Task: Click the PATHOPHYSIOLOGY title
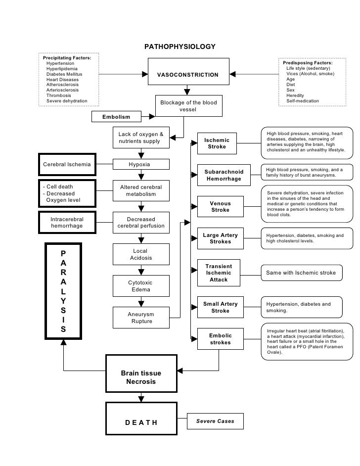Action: pos(180,47)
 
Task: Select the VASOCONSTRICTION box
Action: pos(188,72)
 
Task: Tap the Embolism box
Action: pos(116,117)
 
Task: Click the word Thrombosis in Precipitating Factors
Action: pos(58,95)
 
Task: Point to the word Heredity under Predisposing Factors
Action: pos(295,95)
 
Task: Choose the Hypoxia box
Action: pos(141,164)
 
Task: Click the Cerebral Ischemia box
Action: pos(67,164)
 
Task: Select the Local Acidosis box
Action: pos(141,254)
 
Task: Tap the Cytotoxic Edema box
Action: pos(141,286)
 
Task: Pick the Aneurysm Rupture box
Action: pos(141,318)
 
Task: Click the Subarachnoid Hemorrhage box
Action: pos(224,175)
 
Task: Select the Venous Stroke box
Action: pos(221,207)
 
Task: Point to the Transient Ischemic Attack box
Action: pos(219,273)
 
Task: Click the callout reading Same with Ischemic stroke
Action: pos(302,273)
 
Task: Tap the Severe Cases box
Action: pos(215,421)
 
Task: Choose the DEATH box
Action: pos(141,419)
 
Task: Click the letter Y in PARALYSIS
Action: pos(63,301)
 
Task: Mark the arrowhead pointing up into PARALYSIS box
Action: pos(64,342)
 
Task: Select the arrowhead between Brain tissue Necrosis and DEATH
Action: pos(141,399)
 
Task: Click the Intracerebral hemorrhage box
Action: pos(67,223)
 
